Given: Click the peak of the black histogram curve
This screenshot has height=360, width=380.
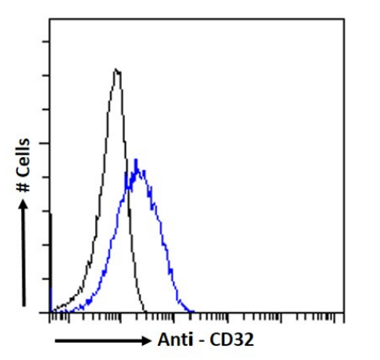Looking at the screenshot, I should coord(117,70).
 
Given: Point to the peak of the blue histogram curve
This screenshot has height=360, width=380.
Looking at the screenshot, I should coord(136,160).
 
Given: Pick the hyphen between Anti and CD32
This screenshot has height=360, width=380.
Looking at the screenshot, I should coord(203,341).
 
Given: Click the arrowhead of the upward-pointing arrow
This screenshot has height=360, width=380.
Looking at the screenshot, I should coord(25,206).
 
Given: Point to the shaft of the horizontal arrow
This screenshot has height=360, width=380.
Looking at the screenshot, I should coord(97,341).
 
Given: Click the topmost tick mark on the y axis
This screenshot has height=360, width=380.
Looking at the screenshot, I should coord(48,42).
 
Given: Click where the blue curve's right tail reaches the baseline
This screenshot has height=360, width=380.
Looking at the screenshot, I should coord(193,311).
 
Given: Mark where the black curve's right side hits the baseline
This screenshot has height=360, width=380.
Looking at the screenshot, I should coord(146,311).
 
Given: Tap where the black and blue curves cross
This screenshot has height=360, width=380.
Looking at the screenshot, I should coord(128,184).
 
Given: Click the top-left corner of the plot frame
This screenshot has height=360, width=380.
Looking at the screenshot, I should coord(49,19).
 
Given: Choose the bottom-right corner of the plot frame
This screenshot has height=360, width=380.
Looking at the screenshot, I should coord(343,312).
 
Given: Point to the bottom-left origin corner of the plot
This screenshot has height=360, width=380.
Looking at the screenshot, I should coord(49,312).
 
